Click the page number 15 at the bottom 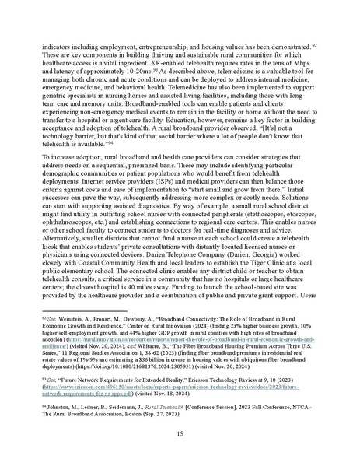coord(180,433)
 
